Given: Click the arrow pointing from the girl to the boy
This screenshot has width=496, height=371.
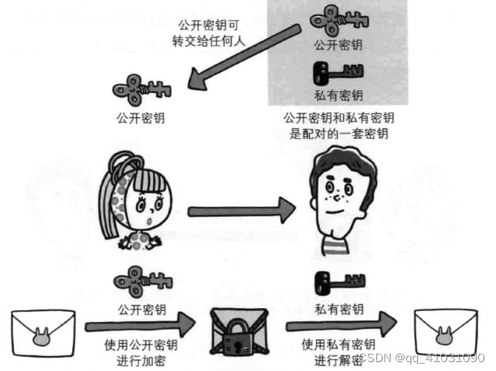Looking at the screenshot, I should point(238,211).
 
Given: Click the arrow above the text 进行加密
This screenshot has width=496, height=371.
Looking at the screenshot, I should point(138,326).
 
